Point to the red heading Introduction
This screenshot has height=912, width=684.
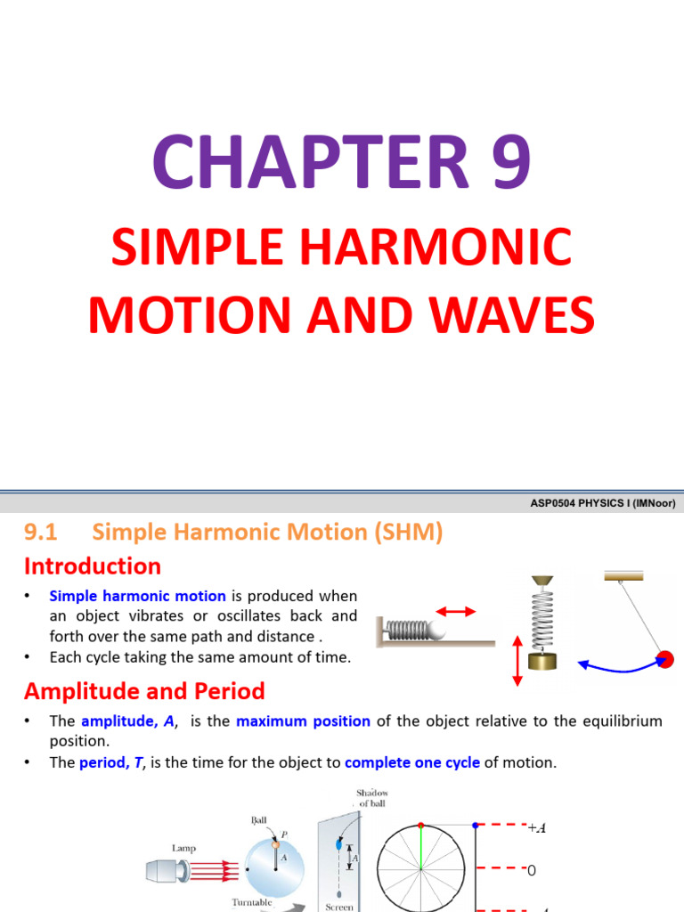[x=93, y=566]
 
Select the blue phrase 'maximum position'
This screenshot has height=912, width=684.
[x=304, y=721]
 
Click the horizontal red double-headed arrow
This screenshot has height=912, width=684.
[x=455, y=612]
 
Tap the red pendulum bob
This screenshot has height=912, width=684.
[x=664, y=660]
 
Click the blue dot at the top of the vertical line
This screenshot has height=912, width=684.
[x=476, y=825]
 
